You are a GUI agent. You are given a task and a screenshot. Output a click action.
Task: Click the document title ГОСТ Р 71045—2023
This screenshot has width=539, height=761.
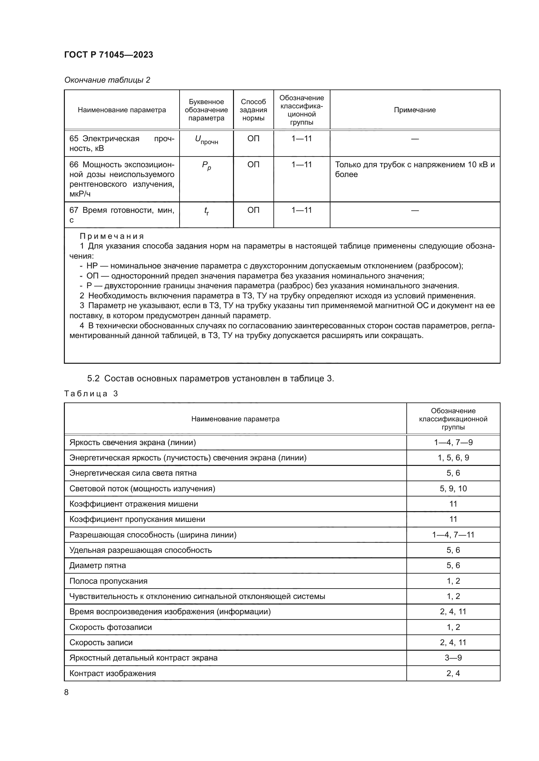109,55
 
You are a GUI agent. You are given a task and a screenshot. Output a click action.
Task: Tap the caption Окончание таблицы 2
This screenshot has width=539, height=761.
107,80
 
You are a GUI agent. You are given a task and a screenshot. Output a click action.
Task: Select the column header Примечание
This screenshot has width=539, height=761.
415,110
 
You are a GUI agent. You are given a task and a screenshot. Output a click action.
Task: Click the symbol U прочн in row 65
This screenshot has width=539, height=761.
206,140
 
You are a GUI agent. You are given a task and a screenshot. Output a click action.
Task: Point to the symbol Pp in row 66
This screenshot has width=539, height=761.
206,166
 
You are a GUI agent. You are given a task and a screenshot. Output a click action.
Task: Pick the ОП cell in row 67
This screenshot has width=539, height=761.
253,210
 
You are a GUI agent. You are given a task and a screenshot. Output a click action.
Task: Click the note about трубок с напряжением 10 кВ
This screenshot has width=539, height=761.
415,170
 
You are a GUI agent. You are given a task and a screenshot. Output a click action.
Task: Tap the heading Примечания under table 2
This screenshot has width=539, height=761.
112,236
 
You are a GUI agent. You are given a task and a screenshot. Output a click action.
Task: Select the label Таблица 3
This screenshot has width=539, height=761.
91,393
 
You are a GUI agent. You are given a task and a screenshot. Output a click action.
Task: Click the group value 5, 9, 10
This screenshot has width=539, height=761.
453,489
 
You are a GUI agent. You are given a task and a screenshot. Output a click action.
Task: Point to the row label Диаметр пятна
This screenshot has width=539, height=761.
97,565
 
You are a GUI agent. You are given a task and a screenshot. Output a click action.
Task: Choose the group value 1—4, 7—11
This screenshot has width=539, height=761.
453,535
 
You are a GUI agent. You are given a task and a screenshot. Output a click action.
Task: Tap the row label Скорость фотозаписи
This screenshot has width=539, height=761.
110,627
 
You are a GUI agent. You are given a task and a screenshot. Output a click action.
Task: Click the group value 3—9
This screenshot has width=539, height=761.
453,658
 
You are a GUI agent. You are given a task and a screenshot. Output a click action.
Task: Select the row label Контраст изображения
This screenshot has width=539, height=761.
112,673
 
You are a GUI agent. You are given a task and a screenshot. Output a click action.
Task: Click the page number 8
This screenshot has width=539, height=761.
66,692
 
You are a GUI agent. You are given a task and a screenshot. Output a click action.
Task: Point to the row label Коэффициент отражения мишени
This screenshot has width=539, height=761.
133,504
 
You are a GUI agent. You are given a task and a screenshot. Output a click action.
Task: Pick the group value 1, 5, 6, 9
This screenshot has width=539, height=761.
453,458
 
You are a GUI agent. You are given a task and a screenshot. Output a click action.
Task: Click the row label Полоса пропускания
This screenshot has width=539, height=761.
108,581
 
